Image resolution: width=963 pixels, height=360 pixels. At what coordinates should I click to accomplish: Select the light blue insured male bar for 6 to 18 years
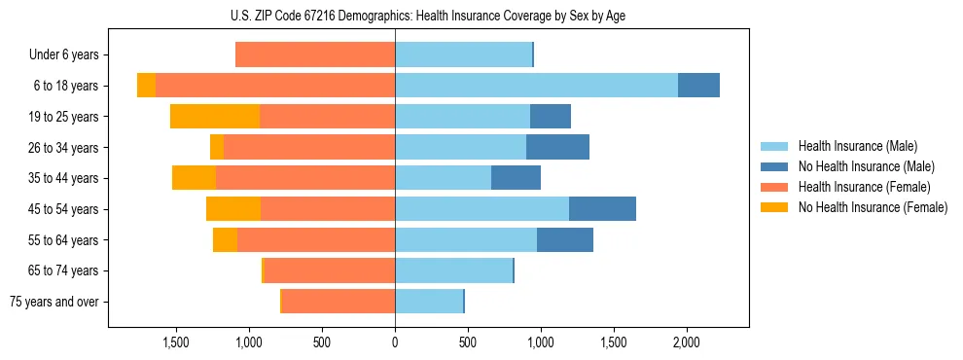click(x=536, y=86)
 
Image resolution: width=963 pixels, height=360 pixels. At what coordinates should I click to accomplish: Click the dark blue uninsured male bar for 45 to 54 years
click(x=602, y=208)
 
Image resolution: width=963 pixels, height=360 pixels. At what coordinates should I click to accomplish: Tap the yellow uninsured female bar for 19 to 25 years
click(x=215, y=117)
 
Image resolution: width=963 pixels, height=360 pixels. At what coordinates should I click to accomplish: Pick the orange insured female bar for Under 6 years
click(x=315, y=54)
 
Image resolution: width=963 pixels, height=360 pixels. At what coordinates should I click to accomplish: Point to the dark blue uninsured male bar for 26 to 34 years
click(x=557, y=147)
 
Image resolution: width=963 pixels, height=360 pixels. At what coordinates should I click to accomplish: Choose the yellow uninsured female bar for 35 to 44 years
click(x=194, y=178)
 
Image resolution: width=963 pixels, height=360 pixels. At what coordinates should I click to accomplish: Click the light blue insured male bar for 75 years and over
click(x=428, y=301)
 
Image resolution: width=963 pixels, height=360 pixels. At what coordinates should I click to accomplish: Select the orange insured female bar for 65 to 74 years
click(x=329, y=270)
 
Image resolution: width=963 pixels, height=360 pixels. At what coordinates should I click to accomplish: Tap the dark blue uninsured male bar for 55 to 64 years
click(x=565, y=239)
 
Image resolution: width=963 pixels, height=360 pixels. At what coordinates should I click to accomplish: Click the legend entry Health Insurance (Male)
click(x=856, y=146)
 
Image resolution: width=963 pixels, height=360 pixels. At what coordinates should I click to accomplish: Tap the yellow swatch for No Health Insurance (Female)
click(x=774, y=207)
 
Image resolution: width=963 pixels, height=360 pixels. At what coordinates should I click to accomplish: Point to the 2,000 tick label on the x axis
click(x=686, y=342)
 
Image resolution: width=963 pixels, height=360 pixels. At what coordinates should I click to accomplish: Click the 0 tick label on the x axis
click(x=395, y=342)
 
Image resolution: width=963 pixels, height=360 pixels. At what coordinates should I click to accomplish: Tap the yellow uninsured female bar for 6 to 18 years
click(x=146, y=86)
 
